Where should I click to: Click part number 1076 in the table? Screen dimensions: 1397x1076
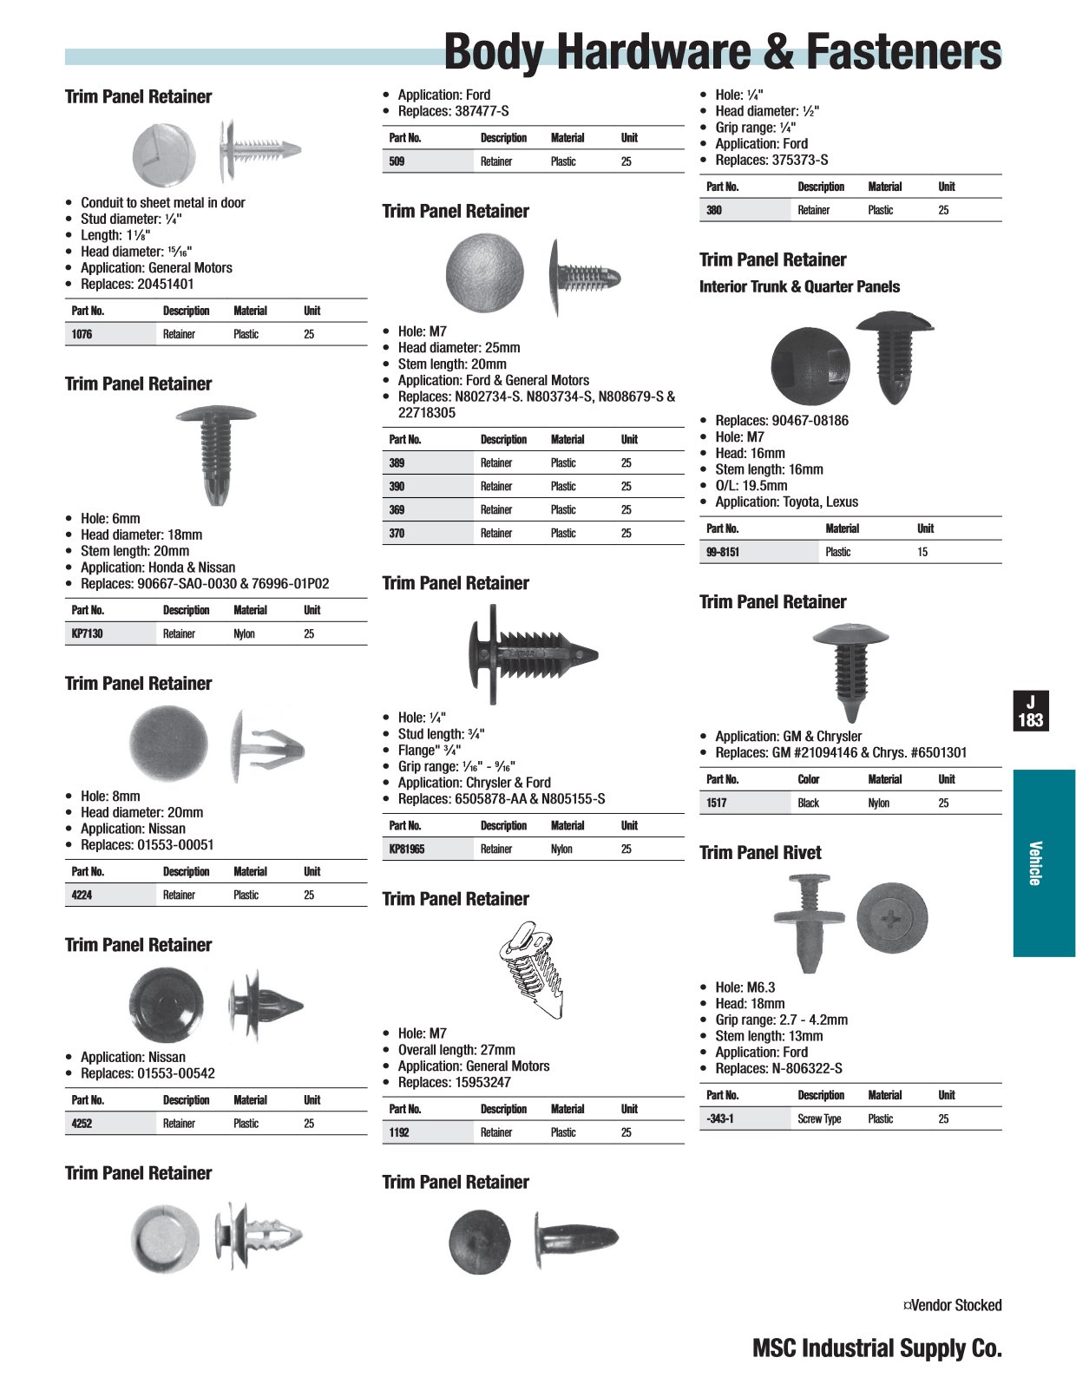coord(82,334)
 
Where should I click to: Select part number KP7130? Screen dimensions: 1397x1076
coord(87,633)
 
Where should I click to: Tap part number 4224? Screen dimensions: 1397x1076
coord(82,895)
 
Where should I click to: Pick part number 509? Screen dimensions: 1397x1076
coord(397,161)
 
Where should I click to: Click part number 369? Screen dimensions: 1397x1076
coord(397,509)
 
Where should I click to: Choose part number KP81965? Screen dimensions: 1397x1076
coord(407,849)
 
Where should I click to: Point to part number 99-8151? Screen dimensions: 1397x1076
coord(723,552)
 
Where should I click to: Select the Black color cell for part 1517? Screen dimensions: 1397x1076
coord(808,803)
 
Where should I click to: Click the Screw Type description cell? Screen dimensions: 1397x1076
coord(819,1118)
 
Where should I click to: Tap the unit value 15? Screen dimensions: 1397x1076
coord(922,552)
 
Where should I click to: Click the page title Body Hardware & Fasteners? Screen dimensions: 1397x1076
coord(722,52)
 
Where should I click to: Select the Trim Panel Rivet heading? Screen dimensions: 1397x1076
coord(760,852)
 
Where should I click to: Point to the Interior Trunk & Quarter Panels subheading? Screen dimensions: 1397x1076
coord(799,286)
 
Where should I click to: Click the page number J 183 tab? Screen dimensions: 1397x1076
coord(1031,711)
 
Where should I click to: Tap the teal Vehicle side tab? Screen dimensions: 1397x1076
coord(1044,863)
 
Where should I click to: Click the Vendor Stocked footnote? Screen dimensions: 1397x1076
coord(952,1305)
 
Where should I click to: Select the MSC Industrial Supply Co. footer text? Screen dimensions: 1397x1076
coord(876,1348)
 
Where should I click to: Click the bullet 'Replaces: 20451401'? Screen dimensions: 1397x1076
coord(137,284)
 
